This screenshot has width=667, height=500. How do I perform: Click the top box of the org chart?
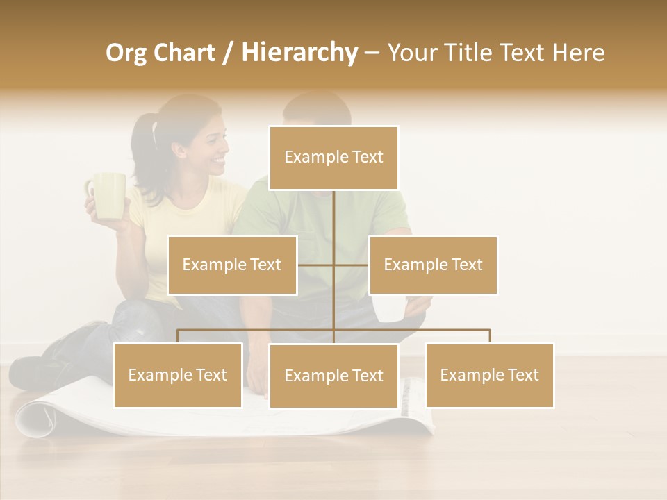click(x=333, y=158)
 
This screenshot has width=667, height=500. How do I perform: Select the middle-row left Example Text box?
click(x=232, y=265)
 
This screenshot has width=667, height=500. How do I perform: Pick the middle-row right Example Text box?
click(x=433, y=265)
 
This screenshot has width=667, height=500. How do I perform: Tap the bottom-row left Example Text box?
click(x=178, y=375)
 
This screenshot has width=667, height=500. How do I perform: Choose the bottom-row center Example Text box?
click(x=333, y=376)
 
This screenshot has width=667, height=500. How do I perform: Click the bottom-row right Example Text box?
click(x=489, y=375)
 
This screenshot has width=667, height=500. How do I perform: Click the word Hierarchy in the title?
click(x=299, y=53)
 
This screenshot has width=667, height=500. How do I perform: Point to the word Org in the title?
click(x=128, y=53)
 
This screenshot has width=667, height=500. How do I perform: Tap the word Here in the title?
click(x=578, y=53)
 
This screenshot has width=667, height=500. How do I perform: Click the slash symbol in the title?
click(x=228, y=53)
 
